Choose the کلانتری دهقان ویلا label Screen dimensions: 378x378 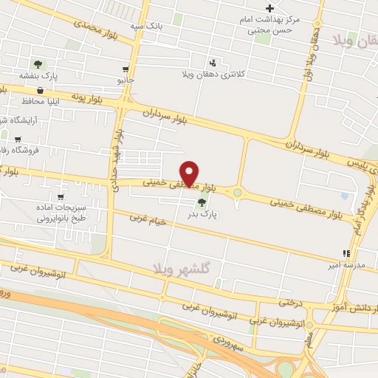[x=214, y=75]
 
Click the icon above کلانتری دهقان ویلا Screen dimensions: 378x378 [x=213, y=62]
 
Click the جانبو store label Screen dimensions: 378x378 [x=126, y=78]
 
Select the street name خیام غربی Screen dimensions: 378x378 [x=145, y=219]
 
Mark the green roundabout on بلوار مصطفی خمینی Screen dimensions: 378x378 [x=237, y=193]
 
